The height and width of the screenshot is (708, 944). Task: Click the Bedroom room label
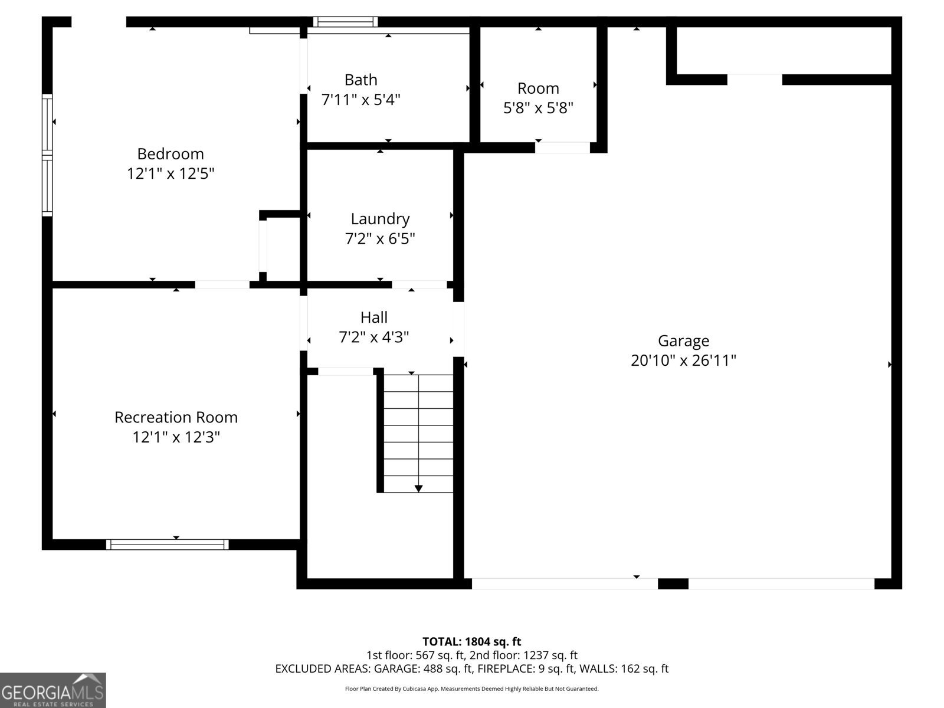pos(171,154)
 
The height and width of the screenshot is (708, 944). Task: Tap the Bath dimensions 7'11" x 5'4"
pos(360,100)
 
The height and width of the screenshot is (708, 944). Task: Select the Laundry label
pos(380,219)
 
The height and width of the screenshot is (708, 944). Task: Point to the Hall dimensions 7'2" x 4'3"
pos(373,337)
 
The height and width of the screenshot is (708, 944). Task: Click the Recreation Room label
pos(176,417)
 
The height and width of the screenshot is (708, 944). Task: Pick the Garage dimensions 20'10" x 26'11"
pos(683,360)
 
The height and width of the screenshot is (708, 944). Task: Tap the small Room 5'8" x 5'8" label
pos(538,88)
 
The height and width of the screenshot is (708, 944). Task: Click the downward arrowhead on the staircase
pos(418,489)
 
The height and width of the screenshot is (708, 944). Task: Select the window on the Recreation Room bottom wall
pos(168,544)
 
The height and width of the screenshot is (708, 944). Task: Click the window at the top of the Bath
pos(345,22)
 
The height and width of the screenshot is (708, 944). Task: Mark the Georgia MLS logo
pos(53,690)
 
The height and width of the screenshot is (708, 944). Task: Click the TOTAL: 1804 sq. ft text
pos(471,641)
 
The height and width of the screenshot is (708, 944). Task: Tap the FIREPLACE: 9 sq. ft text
pos(526,669)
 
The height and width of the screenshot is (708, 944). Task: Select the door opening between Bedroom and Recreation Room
pos(222,285)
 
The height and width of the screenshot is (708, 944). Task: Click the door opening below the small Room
pos(562,148)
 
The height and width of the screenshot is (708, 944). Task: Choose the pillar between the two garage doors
pos(673,584)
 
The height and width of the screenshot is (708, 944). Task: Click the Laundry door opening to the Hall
pos(419,285)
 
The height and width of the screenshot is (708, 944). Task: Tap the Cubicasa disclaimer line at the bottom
pos(471,689)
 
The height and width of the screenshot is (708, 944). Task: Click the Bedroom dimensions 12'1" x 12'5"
pos(171,174)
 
